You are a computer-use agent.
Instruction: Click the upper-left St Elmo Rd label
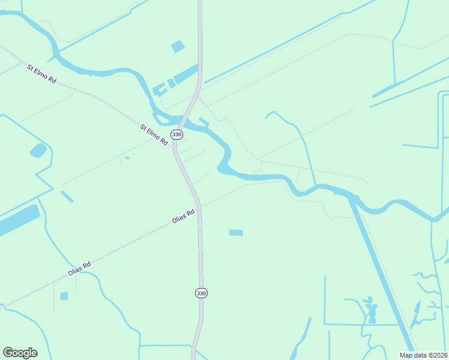tap(41, 73)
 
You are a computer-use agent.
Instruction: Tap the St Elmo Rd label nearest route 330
tap(154, 136)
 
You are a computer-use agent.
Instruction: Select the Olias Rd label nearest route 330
tap(184, 216)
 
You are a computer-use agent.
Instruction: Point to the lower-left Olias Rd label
tap(79, 269)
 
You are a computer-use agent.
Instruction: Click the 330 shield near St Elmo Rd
tap(176, 134)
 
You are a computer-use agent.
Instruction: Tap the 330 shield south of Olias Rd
tap(201, 293)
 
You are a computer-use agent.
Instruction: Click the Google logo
tap(20, 353)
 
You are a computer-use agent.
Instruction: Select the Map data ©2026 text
tap(423, 355)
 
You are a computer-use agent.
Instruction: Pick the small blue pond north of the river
tap(178, 46)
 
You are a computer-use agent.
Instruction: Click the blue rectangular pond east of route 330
tap(236, 232)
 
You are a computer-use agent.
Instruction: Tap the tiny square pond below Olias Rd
tap(64, 296)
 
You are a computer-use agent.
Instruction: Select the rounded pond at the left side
tap(38, 150)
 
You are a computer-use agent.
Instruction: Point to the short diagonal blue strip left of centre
tap(67, 196)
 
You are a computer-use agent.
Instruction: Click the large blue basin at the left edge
tap(18, 220)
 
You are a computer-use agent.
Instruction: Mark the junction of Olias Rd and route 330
tap(199, 207)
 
